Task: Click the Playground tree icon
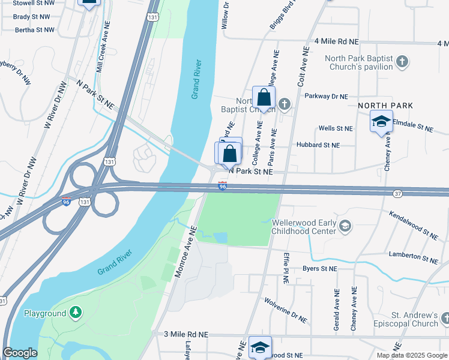coord(75,313)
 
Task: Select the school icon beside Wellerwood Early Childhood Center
coord(345,226)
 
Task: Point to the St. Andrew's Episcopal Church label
coord(414,319)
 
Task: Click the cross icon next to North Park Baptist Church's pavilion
coord(402,62)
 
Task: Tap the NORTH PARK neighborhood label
coord(385,106)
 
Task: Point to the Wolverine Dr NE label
coord(286,311)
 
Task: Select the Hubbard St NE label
coord(318,145)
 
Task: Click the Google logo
coord(20,353)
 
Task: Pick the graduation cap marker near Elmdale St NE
coord(381,121)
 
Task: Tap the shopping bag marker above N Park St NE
coord(230,153)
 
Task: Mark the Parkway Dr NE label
coord(327,96)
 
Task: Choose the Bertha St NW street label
coord(34,29)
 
